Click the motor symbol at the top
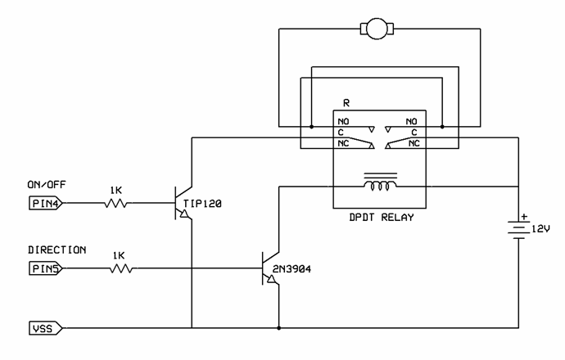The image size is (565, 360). point(377,30)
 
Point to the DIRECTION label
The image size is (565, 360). point(56,250)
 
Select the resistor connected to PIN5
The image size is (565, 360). point(119,268)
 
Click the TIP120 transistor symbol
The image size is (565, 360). point(182,203)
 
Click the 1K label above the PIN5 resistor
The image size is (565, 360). point(119,254)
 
